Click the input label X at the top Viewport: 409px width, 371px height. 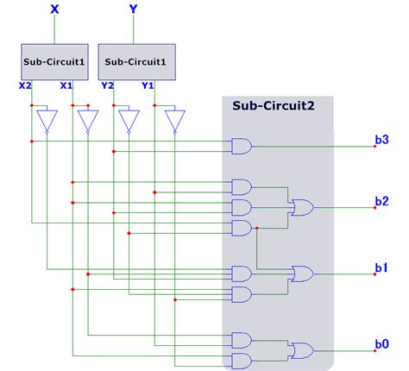coord(55,10)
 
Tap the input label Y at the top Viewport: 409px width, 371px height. coord(132,10)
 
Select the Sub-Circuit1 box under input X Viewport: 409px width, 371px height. coord(55,61)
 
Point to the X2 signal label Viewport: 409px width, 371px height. coord(25,85)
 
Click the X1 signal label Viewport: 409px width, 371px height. coord(66,85)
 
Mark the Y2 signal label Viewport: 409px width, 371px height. coord(107,85)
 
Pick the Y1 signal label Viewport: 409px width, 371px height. coord(148,85)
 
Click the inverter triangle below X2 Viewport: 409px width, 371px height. coord(47,121)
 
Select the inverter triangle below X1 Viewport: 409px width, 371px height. coord(89,121)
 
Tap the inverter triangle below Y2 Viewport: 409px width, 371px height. coord(129,121)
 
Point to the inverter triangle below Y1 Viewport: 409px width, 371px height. coord(175,121)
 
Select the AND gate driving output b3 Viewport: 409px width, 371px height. coord(242,147)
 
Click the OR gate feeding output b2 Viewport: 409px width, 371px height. coord(303,207)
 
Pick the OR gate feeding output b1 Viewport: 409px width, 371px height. coord(303,274)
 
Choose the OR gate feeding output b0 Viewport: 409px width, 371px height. coord(303,350)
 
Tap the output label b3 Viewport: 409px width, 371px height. coord(381,139)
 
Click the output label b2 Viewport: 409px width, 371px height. coord(381,201)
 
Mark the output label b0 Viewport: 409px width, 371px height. coord(381,344)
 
